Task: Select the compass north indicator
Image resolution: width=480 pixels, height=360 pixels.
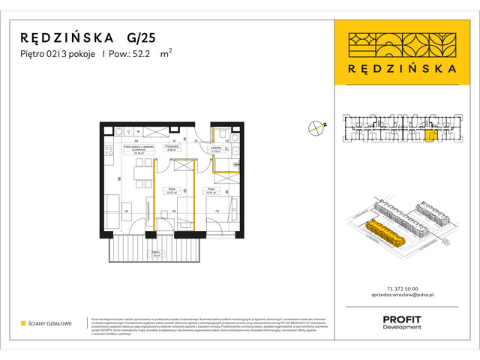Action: point(316,129)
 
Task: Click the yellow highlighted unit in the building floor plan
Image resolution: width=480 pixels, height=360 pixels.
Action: point(429,136)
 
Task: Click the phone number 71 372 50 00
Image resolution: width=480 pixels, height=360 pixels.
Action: point(400,289)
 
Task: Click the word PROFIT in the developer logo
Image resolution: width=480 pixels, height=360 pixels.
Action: point(401,319)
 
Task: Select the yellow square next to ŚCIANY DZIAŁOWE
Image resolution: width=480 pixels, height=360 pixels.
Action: point(23,324)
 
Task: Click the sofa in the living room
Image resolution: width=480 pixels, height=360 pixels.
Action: point(111,208)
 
